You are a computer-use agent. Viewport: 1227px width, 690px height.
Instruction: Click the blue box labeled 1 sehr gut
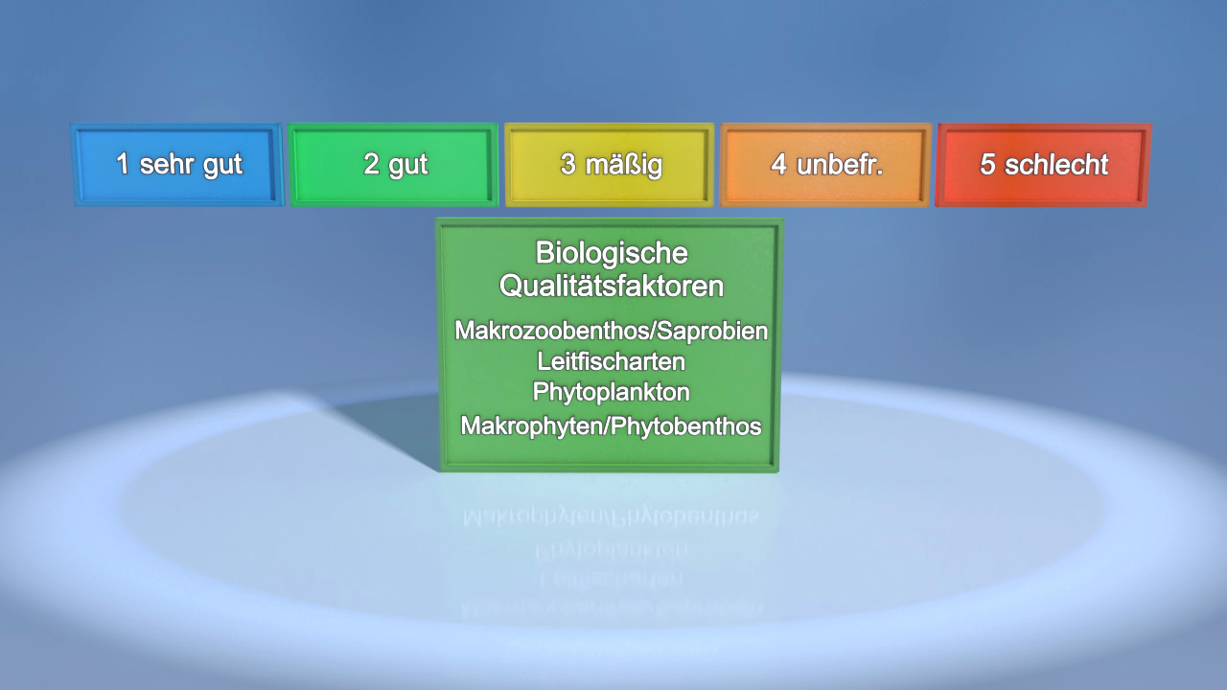pyautogui.click(x=178, y=165)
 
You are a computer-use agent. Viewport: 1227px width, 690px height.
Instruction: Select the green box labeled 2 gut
pyautogui.click(x=394, y=165)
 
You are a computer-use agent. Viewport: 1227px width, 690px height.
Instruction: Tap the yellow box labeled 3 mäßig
pyautogui.click(x=610, y=165)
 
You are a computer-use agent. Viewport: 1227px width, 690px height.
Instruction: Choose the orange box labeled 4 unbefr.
pyautogui.click(x=825, y=165)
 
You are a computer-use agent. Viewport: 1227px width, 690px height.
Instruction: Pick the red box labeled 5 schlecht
pyautogui.click(x=1043, y=165)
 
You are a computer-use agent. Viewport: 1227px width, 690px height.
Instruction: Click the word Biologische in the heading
pyautogui.click(x=612, y=253)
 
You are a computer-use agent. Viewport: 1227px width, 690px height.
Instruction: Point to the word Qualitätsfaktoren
pyautogui.click(x=612, y=286)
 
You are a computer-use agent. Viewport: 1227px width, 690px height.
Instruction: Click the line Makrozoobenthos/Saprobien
pyautogui.click(x=612, y=331)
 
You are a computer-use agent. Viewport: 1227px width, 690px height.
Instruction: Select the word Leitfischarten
pyautogui.click(x=612, y=362)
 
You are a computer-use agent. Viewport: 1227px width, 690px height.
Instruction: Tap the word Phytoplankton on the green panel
pyautogui.click(x=612, y=393)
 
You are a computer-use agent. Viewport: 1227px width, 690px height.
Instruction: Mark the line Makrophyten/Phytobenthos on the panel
pyautogui.click(x=612, y=426)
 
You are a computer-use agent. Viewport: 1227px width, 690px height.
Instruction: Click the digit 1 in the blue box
pyautogui.click(x=123, y=165)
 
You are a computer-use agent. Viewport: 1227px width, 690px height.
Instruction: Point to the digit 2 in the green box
pyautogui.click(x=371, y=165)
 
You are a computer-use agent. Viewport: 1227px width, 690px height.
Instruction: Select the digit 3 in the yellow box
pyautogui.click(x=568, y=165)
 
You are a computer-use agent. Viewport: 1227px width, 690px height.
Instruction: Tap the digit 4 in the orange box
pyautogui.click(x=778, y=165)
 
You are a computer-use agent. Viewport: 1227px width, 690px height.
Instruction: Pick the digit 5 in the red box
pyautogui.click(x=987, y=165)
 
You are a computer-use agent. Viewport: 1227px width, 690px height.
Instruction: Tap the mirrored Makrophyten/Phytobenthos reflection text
pyautogui.click(x=612, y=517)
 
